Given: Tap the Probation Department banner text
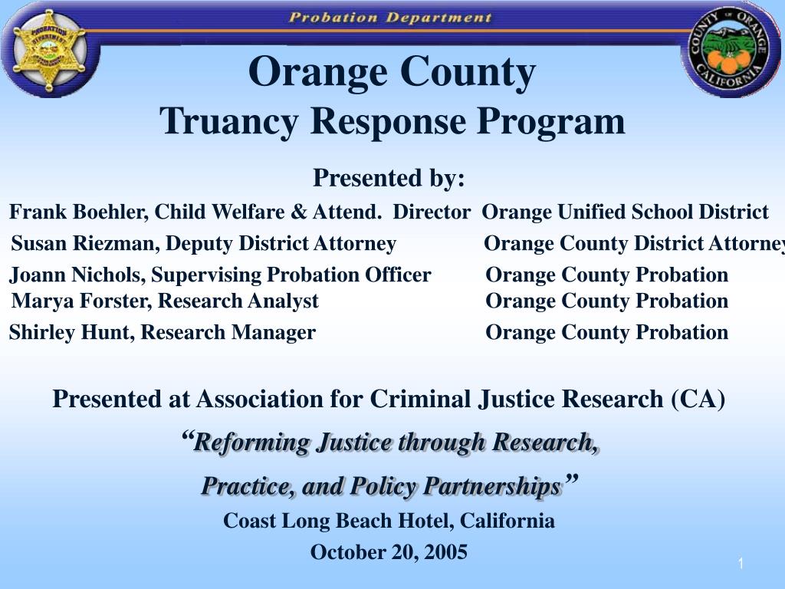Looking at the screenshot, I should [x=390, y=17].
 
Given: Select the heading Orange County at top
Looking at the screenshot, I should [x=392, y=73].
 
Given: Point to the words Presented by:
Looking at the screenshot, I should [x=389, y=178].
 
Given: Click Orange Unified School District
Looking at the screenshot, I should [x=625, y=212].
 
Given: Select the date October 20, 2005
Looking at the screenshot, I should [x=389, y=552].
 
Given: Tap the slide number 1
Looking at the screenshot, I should [x=741, y=564].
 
